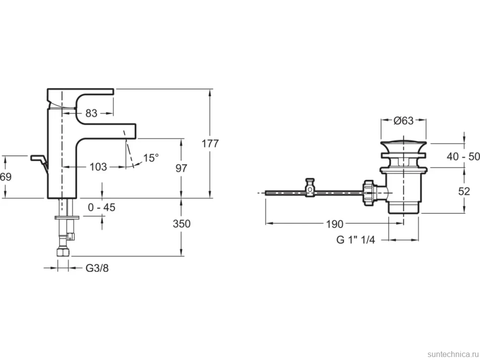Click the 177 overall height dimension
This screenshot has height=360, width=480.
[210, 143]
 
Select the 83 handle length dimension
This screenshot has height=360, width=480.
[91, 113]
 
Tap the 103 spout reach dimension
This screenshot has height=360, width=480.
[98, 167]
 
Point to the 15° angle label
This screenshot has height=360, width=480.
[151, 158]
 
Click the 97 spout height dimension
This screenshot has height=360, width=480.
[181, 168]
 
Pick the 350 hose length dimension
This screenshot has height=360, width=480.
[182, 224]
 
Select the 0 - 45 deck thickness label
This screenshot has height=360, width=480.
[101, 207]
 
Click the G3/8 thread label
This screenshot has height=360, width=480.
[97, 268]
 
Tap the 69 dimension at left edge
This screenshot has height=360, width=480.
[5, 177]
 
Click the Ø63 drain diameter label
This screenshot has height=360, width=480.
[403, 121]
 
